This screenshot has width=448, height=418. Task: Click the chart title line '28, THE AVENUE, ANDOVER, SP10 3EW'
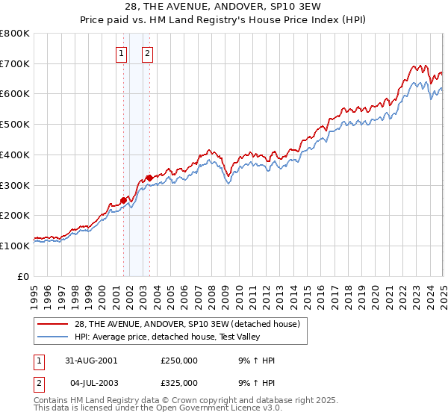223,8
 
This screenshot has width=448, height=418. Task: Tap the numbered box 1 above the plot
121,53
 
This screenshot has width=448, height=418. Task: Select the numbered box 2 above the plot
148,53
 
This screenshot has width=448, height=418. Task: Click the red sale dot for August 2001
124,200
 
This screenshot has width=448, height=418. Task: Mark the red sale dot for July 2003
149,178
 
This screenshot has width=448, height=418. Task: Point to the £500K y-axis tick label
15,124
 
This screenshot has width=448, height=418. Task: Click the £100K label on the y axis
15,246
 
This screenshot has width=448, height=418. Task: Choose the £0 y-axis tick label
23,276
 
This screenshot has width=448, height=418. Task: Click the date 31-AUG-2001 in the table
90,361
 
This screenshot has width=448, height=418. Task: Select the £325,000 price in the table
179,383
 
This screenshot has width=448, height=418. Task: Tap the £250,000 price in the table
179,361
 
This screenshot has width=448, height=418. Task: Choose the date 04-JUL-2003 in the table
90,383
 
